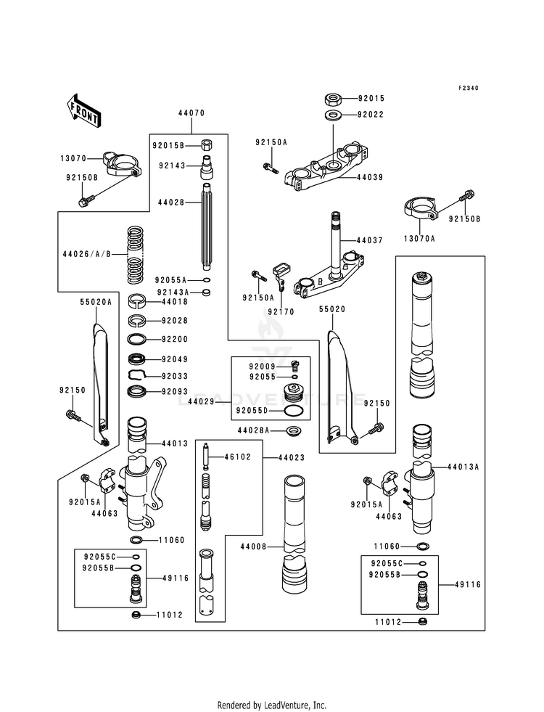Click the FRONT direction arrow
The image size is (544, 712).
click(x=84, y=110)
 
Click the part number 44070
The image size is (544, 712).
click(x=191, y=113)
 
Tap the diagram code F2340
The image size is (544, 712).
click(x=469, y=89)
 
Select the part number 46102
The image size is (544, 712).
click(x=236, y=458)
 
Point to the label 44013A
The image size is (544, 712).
click(x=463, y=467)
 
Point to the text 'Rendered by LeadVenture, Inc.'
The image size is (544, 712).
click(x=272, y=705)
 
